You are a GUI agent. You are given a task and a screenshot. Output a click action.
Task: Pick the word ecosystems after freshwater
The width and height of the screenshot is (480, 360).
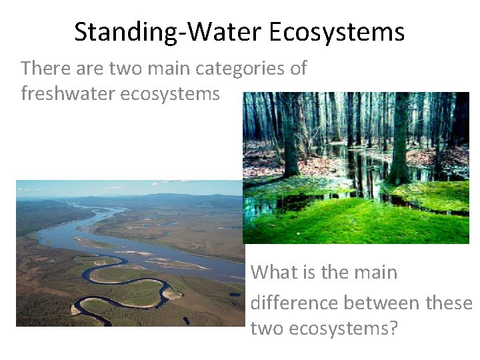coord(170,94)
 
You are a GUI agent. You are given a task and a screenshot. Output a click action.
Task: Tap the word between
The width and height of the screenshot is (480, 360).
coord(381,303)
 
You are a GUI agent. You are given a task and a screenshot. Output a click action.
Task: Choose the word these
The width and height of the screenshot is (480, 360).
coord(449,303)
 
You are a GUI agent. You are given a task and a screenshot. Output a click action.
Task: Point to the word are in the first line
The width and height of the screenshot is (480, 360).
coord(90,68)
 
